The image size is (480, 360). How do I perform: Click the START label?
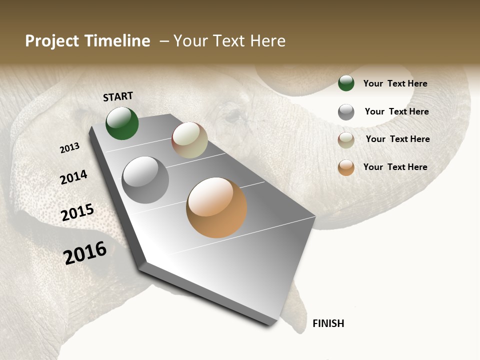[x=118, y=96]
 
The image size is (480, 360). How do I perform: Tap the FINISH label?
[x=328, y=323]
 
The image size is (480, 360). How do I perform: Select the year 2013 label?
[x=70, y=148]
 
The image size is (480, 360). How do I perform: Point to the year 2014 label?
[x=73, y=177]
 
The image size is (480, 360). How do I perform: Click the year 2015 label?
[x=77, y=212]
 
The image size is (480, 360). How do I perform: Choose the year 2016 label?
[x=85, y=252]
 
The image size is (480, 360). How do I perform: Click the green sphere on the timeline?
[x=122, y=123]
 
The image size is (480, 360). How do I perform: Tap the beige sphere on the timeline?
[x=189, y=140]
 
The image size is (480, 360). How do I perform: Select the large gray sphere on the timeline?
[x=145, y=180]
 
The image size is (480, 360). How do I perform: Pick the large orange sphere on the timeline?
[x=216, y=207]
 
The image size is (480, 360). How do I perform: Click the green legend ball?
[x=346, y=83]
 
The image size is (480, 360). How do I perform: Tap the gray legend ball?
[x=346, y=112]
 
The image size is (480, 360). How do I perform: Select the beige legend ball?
[x=346, y=140]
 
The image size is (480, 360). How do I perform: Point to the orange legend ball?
[x=346, y=167]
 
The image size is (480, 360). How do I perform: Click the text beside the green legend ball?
[x=395, y=83]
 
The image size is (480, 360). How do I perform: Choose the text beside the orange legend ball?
[x=395, y=167]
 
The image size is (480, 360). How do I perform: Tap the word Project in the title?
[x=51, y=41]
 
